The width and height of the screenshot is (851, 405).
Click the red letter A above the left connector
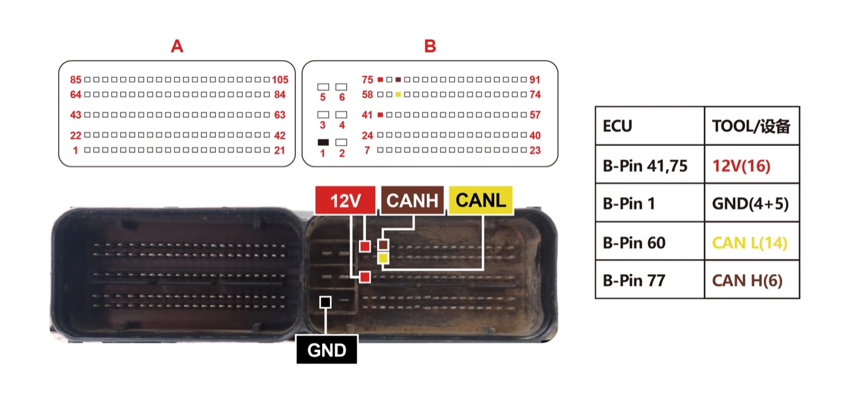click(x=177, y=46)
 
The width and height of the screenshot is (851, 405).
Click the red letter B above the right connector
click(x=429, y=46)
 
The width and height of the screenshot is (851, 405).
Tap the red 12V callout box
click(x=346, y=200)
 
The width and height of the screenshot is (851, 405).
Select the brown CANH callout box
click(x=412, y=200)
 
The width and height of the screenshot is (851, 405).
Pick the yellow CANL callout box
click(x=480, y=200)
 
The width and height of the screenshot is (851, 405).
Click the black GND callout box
click(x=327, y=349)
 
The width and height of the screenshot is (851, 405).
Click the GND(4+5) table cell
click(x=752, y=203)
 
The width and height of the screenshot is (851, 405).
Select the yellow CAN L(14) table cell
click(x=752, y=242)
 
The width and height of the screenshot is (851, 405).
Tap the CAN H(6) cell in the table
click(x=752, y=280)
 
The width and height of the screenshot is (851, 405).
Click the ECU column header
click(x=649, y=126)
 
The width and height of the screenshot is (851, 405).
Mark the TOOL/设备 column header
click(x=752, y=126)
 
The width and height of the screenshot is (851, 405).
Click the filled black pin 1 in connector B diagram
click(x=323, y=143)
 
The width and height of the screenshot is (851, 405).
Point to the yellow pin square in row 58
click(x=398, y=94)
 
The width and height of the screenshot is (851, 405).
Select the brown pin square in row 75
click(x=398, y=79)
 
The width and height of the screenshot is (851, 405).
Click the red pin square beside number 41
click(x=380, y=114)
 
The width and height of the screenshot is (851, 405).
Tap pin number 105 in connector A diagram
click(x=280, y=80)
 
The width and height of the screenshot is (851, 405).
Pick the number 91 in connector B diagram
click(x=535, y=80)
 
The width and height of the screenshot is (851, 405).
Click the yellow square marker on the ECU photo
click(x=383, y=258)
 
